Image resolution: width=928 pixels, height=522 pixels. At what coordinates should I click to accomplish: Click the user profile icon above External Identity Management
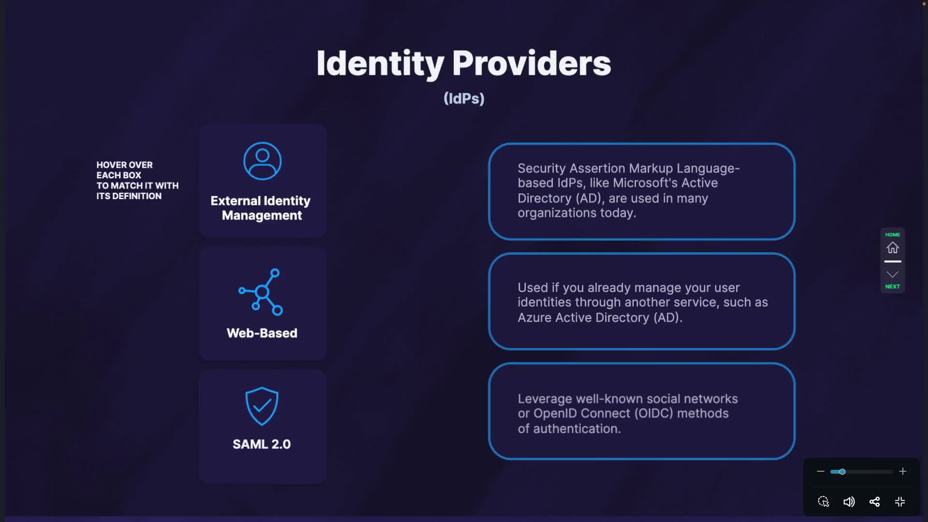click(262, 161)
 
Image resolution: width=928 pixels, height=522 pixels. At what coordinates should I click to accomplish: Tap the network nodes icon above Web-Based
click(261, 292)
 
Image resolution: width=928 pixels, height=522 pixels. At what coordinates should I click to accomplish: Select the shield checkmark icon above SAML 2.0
click(262, 406)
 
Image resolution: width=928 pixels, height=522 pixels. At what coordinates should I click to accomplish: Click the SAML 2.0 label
click(261, 444)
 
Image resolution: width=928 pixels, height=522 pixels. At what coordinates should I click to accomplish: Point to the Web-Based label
click(262, 333)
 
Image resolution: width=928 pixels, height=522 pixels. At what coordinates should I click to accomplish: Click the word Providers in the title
click(532, 63)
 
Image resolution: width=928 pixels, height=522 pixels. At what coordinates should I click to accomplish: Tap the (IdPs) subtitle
click(464, 99)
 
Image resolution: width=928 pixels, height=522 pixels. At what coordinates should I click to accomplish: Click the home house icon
click(893, 247)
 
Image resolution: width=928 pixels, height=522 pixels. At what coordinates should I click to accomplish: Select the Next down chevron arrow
click(893, 275)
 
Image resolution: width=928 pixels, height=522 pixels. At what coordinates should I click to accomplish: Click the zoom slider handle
click(842, 472)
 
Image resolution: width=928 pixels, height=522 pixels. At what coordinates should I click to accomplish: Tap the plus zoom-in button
click(902, 471)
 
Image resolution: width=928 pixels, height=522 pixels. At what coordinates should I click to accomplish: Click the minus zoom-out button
click(820, 471)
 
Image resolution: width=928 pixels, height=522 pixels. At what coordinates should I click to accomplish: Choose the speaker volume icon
click(849, 502)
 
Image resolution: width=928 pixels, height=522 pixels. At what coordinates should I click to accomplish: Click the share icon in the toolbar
click(874, 502)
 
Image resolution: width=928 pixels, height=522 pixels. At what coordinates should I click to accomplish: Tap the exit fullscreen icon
click(900, 502)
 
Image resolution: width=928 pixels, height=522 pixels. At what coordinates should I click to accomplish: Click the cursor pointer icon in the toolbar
click(824, 502)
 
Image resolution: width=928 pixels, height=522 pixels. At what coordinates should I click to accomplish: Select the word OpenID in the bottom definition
click(555, 414)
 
